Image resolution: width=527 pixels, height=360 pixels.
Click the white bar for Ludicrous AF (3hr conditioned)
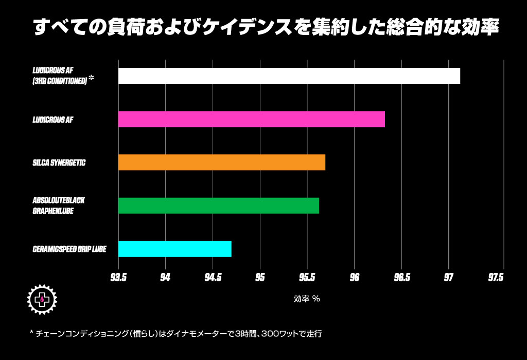point(289,76)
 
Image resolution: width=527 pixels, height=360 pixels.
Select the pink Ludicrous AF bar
point(251,119)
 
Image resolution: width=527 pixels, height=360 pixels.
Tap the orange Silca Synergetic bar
point(221,163)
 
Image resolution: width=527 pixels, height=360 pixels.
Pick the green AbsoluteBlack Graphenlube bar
point(218,206)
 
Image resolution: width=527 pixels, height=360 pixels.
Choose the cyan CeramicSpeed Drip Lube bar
point(174,249)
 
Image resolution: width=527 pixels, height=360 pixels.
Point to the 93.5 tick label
point(118,278)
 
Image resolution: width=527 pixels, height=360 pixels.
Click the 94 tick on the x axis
point(165,278)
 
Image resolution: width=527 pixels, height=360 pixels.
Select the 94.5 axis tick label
point(213,278)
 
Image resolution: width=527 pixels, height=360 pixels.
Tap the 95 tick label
point(260,278)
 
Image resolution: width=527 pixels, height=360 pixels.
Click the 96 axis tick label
point(354,278)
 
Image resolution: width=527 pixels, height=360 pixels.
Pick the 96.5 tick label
point(401,278)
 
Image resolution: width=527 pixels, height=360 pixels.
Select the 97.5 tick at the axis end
point(496,278)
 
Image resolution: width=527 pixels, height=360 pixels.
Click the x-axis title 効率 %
point(307,298)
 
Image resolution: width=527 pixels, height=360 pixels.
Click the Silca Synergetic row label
point(59,163)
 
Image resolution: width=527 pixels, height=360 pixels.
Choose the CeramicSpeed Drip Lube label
point(69,249)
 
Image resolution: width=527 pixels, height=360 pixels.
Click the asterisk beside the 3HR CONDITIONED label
point(91,78)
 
